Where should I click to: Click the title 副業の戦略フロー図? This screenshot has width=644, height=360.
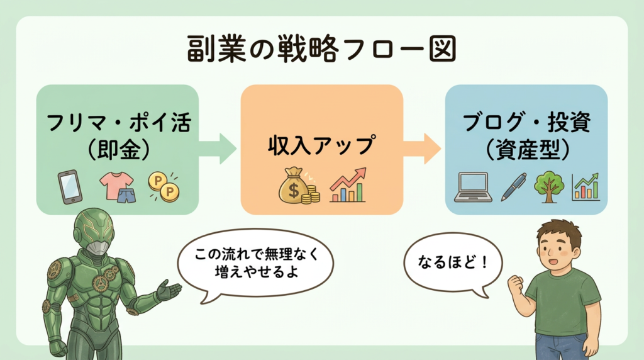(321, 50)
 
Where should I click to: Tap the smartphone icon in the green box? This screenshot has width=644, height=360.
(69, 186)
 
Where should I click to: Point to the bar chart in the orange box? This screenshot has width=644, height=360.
(348, 186)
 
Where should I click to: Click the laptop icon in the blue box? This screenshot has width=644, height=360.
(474, 188)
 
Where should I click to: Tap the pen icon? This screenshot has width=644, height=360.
(513, 188)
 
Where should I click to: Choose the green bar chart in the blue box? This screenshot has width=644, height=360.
(586, 187)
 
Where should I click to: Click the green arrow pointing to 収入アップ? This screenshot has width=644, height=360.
(218, 149)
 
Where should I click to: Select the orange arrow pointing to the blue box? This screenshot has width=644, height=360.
(423, 149)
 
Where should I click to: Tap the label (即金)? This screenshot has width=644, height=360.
(118, 149)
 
